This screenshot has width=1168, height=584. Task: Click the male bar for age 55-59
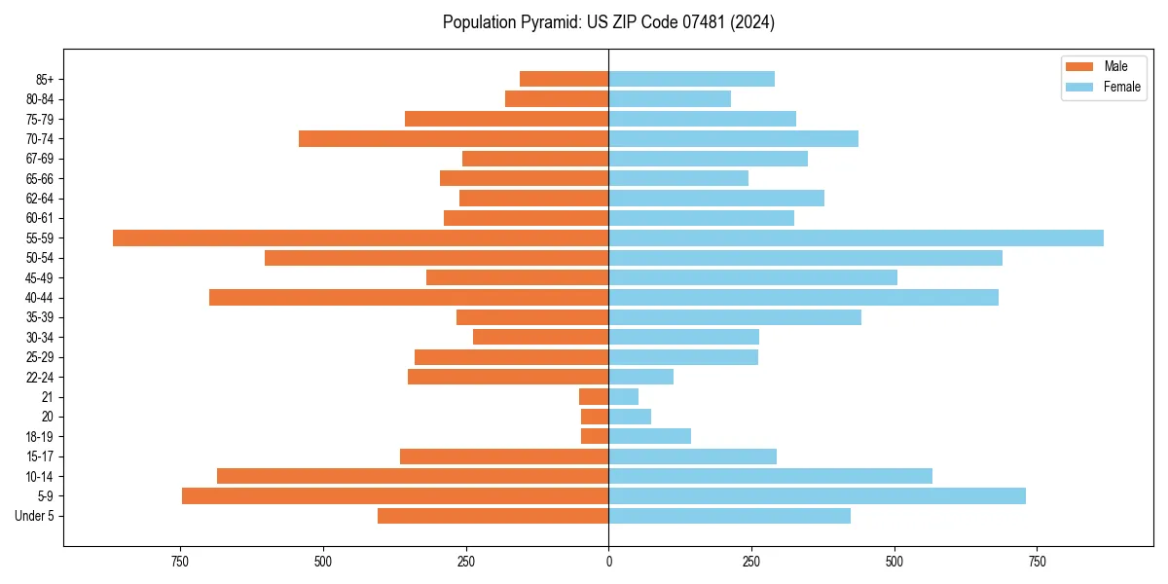[360, 237]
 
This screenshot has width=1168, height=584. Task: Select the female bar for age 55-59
[856, 237]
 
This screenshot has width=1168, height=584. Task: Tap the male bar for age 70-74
[454, 138]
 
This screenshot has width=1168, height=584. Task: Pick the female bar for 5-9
[817, 495]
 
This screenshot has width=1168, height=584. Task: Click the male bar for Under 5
[493, 516]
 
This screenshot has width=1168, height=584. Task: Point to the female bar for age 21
[623, 396]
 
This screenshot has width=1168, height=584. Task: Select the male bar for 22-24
[508, 377]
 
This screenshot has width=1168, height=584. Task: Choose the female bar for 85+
[691, 79]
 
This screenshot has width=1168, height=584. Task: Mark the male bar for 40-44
[409, 297]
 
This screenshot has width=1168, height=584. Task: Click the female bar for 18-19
[649, 436]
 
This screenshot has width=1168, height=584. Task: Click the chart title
[608, 22]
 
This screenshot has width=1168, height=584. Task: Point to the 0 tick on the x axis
[608, 562]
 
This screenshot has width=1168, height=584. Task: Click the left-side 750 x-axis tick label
[180, 562]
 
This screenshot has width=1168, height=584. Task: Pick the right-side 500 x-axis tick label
[894, 562]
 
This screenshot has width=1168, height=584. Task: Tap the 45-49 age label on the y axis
[39, 277]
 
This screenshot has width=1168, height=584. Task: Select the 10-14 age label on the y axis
[39, 476]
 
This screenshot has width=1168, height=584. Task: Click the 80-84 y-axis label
[39, 98]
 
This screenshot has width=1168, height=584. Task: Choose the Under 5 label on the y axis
[34, 516]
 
